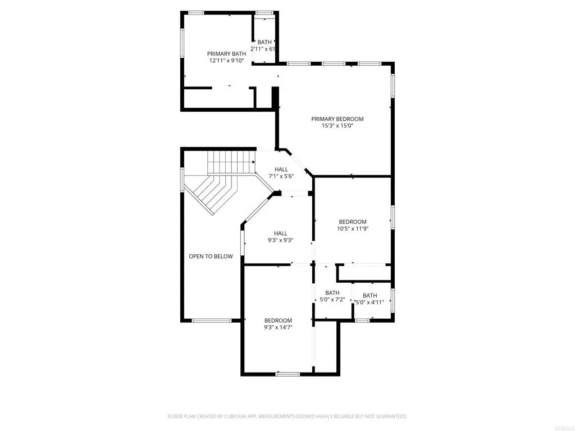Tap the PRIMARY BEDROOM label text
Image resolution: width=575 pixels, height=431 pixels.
(x=337, y=119)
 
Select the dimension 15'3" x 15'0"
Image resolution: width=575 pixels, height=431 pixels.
(x=337, y=126)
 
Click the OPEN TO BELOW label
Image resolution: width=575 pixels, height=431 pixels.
(x=211, y=256)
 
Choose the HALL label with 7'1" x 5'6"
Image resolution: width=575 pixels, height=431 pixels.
(x=281, y=169)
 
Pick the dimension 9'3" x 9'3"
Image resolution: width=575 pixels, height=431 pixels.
(x=281, y=240)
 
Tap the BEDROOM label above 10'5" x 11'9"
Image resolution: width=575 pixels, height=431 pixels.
(x=353, y=222)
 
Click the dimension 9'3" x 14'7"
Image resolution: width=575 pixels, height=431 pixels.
(x=279, y=327)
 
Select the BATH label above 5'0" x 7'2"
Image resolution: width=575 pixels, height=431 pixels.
(x=332, y=292)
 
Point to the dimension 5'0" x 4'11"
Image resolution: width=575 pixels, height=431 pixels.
(x=370, y=302)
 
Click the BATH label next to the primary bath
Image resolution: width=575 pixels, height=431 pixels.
(x=264, y=42)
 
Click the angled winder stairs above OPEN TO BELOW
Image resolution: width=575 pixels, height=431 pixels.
(x=211, y=192)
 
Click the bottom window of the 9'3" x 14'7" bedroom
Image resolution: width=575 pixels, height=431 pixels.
(x=288, y=373)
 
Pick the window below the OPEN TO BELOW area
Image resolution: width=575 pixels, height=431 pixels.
(x=211, y=320)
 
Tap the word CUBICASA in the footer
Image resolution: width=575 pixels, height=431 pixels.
(x=240, y=416)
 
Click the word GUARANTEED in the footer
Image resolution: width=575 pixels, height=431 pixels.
(x=390, y=416)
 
